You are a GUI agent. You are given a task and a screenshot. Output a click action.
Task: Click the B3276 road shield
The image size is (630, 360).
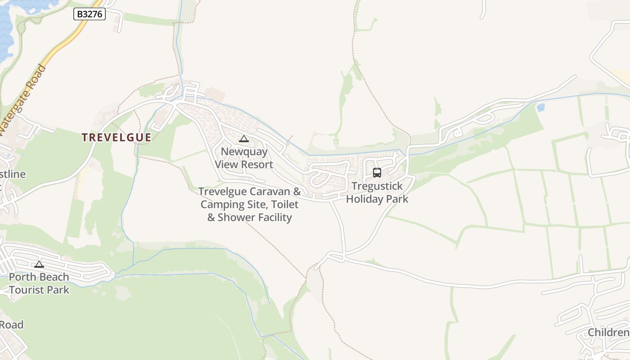point(90,14)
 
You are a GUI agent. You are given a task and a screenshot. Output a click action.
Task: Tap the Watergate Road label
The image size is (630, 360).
point(23,99)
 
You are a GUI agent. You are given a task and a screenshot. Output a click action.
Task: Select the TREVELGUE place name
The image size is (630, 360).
point(116,138)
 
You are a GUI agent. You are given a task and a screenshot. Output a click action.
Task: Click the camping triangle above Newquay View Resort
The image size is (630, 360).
point(244,139)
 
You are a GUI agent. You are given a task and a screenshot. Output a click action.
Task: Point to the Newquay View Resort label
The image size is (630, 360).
point(244,158)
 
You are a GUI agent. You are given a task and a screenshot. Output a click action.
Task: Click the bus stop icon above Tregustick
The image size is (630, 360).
point(377,172)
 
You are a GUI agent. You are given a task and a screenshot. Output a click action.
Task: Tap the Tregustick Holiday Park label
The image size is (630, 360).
point(377,193)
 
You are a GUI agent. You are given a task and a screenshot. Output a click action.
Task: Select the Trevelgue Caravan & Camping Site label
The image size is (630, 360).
point(250,204)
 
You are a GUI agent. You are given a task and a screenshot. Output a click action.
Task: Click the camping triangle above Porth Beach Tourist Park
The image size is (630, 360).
point(39,264)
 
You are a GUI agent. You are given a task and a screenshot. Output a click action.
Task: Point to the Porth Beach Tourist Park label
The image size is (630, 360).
point(39,283)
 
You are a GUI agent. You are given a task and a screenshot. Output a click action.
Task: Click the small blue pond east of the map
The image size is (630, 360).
point(540,108)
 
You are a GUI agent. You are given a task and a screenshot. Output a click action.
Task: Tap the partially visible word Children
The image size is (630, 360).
point(608,333)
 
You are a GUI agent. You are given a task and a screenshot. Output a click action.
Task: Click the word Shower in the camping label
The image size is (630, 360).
point(255,218)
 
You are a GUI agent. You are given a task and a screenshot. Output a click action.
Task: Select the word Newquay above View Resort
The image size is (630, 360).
point(244,152)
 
